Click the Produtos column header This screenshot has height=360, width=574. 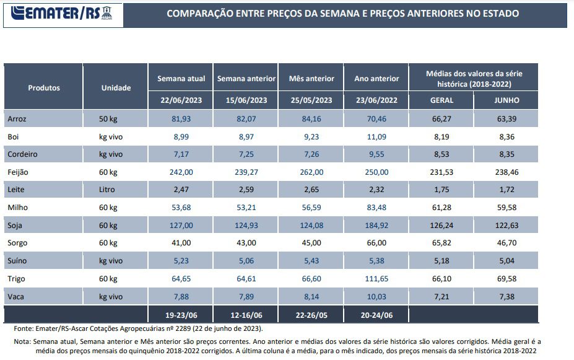[44, 88]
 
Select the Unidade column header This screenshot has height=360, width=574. [116, 88]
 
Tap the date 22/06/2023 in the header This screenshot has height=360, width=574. [181, 100]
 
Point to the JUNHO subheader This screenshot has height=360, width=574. [507, 100]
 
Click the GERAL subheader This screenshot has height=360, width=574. [441, 100]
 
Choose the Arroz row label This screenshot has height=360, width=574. [17, 118]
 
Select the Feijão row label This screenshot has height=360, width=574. [19, 172]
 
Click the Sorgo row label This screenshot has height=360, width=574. [18, 243]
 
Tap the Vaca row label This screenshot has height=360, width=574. [17, 296]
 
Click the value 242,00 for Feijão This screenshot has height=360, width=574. [181, 172]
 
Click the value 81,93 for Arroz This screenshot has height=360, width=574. [181, 118]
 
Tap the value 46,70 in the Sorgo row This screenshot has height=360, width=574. [507, 243]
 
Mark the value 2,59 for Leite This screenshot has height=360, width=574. [246, 190]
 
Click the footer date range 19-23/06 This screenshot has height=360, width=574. [181, 315]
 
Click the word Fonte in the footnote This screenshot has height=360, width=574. [24, 328]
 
